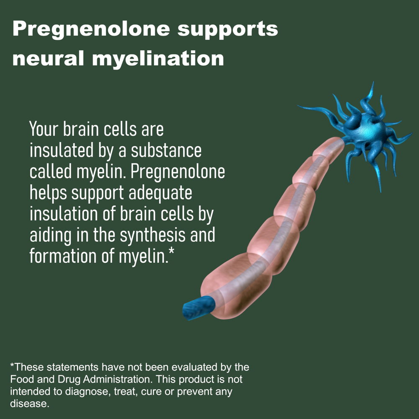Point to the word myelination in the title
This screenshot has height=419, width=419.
pos(158,59)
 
